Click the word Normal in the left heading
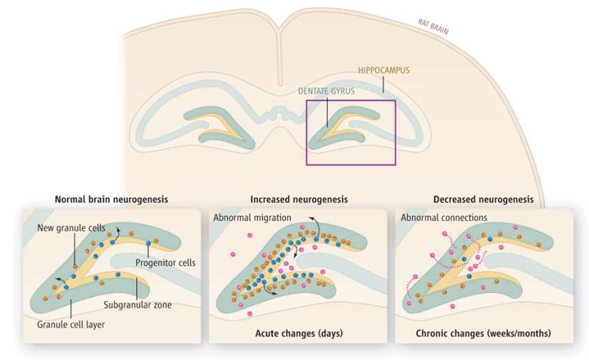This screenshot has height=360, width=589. pyautogui.click(x=71, y=199)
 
